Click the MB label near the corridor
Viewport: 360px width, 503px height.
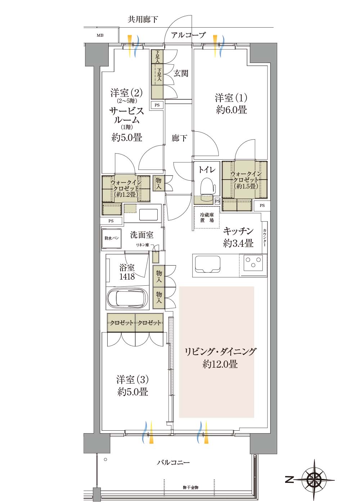pos(100,35)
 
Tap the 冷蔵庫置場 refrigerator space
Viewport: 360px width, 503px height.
pos(207,217)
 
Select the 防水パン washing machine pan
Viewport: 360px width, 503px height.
pos(112,238)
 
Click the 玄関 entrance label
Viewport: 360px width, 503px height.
pos(181,73)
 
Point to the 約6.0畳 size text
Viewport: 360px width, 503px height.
pos(231,110)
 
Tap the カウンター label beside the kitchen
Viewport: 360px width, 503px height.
pos(265,238)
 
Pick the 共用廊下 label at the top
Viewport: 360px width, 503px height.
pos(143,19)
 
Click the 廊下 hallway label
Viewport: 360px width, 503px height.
pos(179,138)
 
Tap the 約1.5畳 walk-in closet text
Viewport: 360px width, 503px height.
pos(246,186)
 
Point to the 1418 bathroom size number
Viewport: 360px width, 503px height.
pos(127,277)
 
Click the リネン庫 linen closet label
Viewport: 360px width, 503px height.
pos(142,245)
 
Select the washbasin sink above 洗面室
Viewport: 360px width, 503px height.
pos(148,215)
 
